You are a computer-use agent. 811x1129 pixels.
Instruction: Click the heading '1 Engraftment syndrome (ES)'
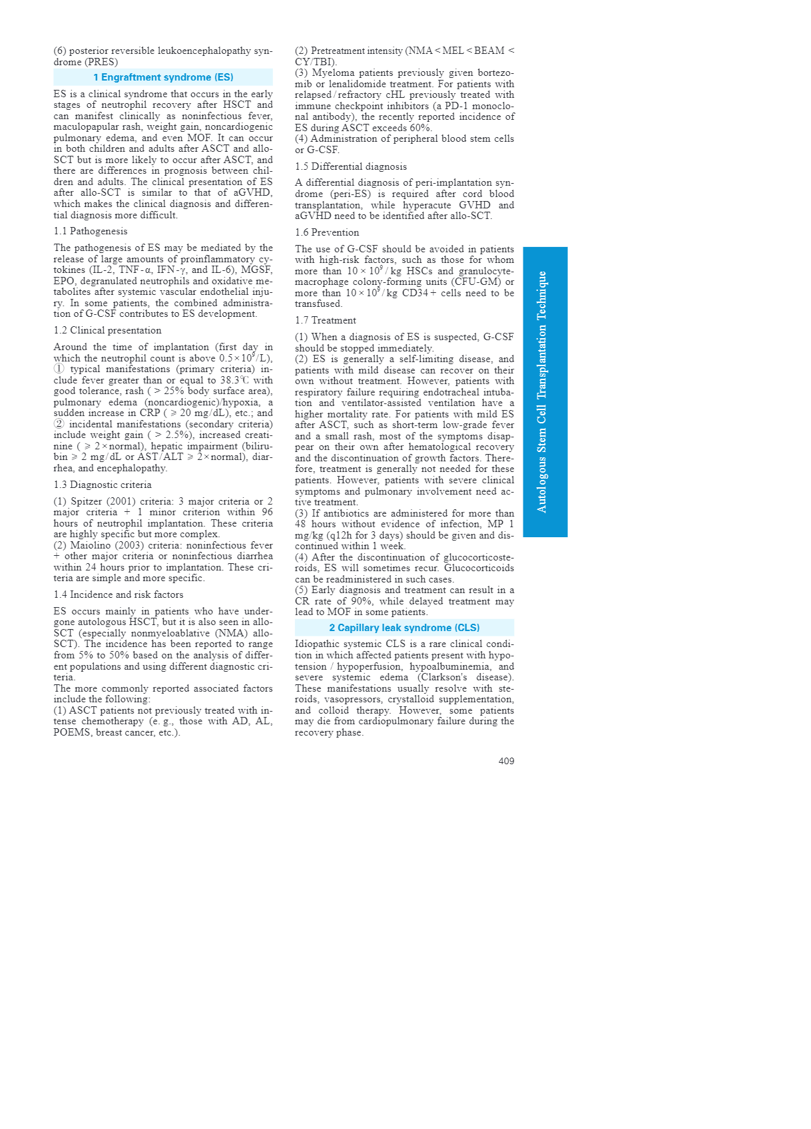(163, 77)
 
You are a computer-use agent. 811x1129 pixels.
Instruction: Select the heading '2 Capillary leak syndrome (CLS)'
(404, 628)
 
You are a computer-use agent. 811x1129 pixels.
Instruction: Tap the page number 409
(506, 761)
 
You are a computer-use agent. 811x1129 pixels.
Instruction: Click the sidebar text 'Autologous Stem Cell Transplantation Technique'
(542, 391)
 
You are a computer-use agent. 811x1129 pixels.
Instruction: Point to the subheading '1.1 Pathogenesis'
(91, 231)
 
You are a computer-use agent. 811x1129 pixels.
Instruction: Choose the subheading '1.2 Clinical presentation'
(107, 330)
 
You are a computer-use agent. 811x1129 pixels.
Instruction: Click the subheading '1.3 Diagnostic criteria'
(103, 485)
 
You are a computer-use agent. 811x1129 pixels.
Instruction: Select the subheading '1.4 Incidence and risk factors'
(119, 594)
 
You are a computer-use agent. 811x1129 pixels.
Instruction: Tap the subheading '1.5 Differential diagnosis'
(351, 166)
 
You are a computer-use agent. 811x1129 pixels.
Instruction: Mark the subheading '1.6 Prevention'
(327, 232)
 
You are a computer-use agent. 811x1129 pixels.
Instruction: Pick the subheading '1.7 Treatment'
(326, 320)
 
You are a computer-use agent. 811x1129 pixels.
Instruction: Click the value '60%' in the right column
(421, 128)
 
